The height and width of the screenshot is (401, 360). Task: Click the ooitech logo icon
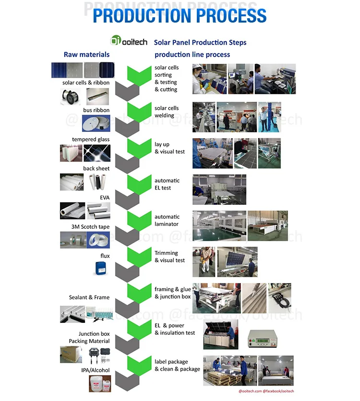117,41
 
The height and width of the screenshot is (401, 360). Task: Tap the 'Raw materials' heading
86,54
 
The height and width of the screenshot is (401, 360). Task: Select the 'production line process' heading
192,55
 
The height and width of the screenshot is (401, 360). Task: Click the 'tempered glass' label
91,140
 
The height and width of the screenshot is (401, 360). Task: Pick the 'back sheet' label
96,168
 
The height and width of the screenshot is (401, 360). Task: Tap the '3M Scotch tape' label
91,226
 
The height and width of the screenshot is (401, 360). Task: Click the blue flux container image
99,269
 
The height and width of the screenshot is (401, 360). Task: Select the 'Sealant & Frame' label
89,297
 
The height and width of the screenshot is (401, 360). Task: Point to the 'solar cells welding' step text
167,111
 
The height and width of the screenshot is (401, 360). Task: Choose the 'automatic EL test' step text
167,184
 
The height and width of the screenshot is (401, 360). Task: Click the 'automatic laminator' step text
167,220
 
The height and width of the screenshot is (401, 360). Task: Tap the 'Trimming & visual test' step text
169,257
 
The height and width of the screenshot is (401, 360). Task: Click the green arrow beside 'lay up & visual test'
139,147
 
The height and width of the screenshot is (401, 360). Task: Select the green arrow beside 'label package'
139,364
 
